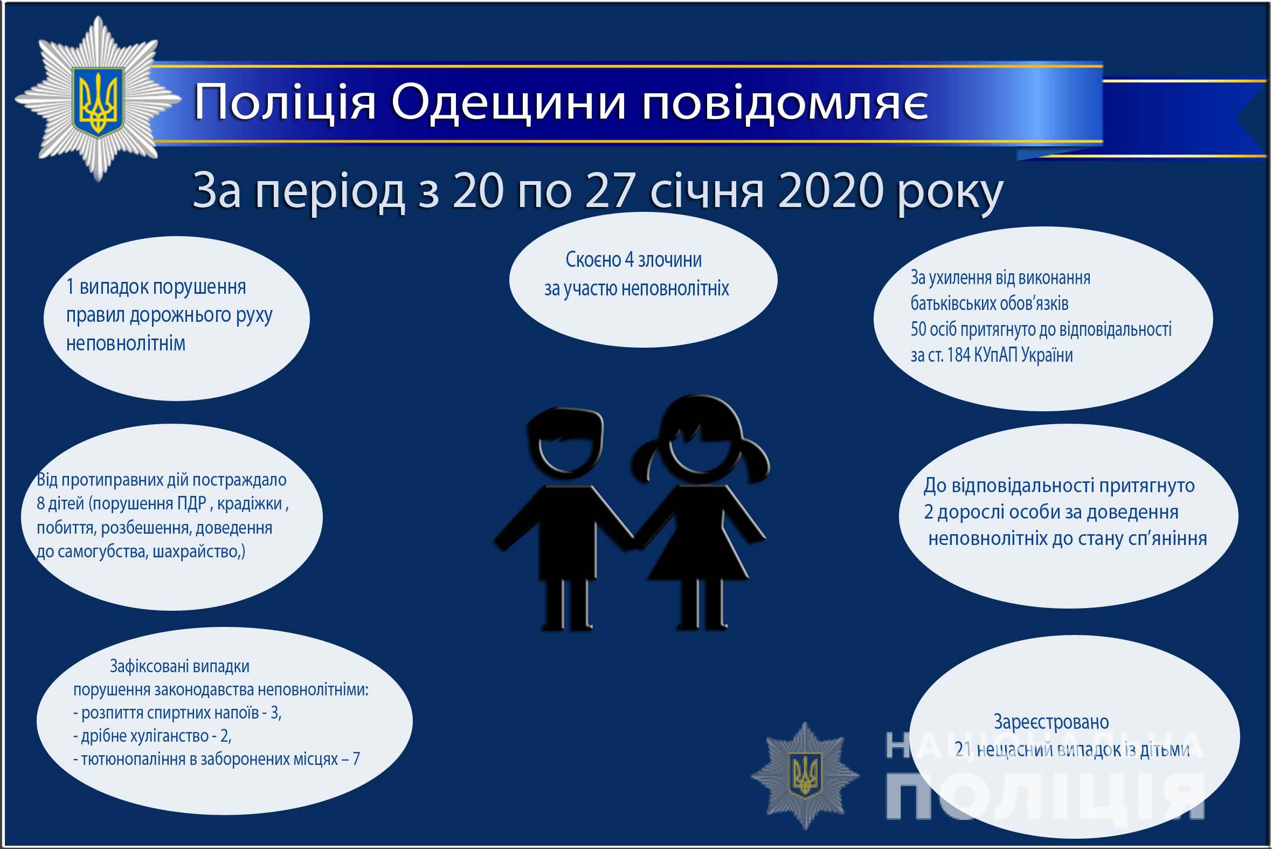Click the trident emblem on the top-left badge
click(x=98, y=101)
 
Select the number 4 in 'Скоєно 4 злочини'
click(x=629, y=260)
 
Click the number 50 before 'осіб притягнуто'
click(x=918, y=329)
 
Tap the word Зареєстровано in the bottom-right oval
click(x=1051, y=722)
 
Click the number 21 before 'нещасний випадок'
click(x=963, y=749)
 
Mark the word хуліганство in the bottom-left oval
click(x=157, y=736)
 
